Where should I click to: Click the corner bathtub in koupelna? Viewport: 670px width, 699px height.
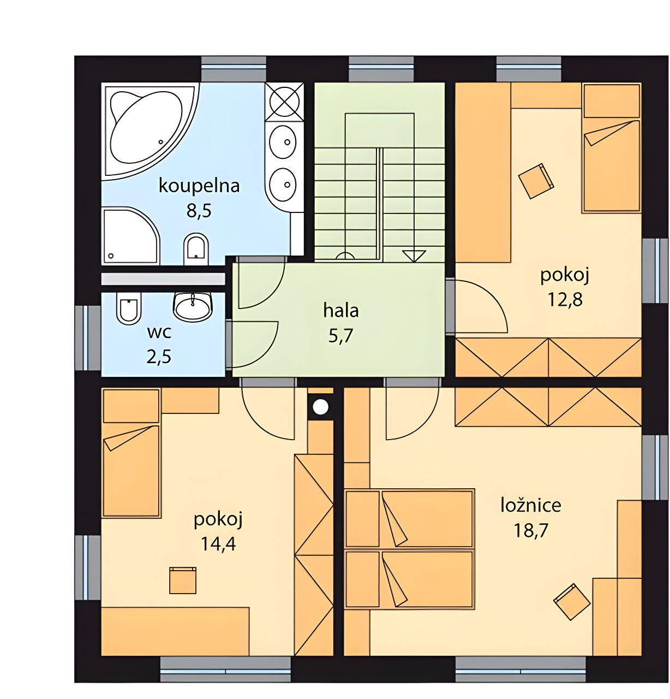pos(151,131)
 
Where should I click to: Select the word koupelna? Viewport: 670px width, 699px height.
pos(199,186)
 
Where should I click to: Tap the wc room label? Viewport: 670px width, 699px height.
pos(159,333)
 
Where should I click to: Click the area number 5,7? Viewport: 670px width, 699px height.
pos(341,336)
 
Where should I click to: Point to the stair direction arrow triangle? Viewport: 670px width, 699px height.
pos(414,256)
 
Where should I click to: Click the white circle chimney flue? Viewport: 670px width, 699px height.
pos(320,407)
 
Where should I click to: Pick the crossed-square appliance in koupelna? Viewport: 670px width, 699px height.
pos(284,100)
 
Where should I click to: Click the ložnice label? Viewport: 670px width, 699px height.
pos(531,505)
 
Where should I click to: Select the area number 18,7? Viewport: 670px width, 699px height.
pos(531,530)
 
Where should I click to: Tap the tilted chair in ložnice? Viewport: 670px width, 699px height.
pos(572,602)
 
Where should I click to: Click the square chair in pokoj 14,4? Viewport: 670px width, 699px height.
pos(183,580)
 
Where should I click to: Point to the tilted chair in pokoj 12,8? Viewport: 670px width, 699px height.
pos(536,181)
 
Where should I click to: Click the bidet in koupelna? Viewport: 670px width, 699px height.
pos(196,248)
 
